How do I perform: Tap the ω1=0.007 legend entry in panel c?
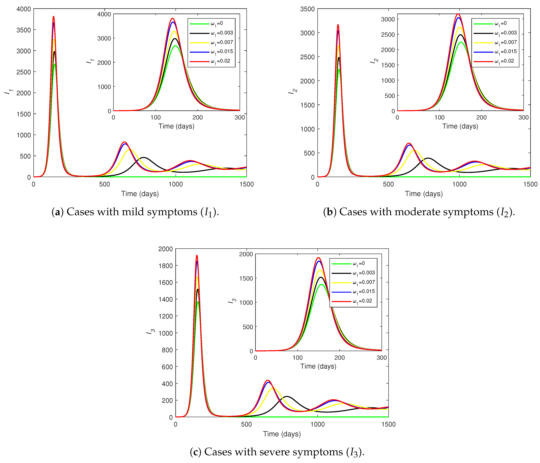click(363, 282)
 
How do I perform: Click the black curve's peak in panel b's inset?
click(460, 35)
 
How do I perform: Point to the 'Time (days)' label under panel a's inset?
click(177, 126)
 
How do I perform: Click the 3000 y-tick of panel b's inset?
click(388, 19)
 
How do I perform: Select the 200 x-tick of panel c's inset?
click(339, 358)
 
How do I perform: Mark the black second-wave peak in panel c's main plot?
click(287, 397)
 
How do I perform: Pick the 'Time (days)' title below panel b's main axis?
click(424, 194)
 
